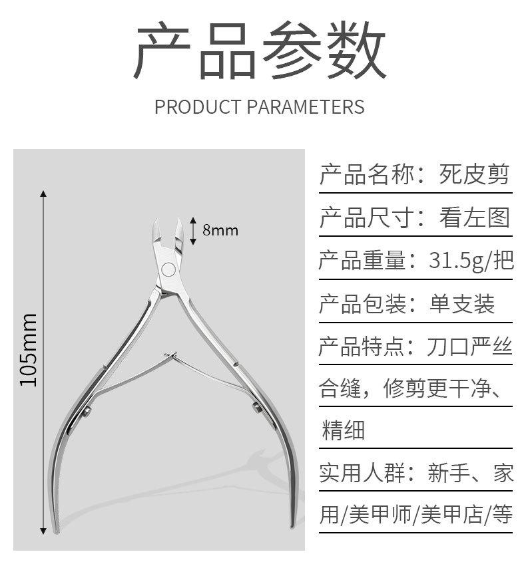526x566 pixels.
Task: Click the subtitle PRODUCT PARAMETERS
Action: (260, 106)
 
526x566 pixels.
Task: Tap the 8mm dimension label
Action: (220, 230)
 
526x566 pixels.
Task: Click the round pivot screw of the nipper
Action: (168, 269)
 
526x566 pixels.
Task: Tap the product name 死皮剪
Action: (474, 174)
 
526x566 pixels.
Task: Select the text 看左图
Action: (474, 217)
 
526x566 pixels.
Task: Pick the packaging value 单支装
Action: (461, 304)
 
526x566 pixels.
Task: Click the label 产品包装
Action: (362, 304)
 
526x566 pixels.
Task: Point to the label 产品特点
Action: (362, 347)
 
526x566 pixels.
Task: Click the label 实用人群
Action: (362, 473)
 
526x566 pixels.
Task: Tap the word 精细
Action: (343, 430)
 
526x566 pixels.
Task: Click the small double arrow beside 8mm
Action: (193, 229)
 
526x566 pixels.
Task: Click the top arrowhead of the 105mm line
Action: (43, 194)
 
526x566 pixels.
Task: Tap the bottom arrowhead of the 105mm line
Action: (43, 530)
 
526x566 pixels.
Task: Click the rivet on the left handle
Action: (87, 414)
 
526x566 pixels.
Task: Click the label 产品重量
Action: (362, 261)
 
